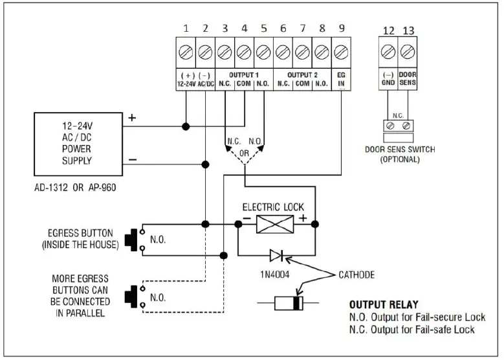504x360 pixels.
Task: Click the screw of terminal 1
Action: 186,51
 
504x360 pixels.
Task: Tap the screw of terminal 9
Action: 341,51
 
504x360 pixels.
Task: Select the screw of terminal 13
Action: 408,51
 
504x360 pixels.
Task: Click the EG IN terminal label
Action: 341,80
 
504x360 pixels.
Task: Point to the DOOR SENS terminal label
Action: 408,80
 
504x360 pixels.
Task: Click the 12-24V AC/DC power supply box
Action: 78,144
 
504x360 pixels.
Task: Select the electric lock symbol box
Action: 276,223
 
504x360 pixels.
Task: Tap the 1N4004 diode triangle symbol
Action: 276,255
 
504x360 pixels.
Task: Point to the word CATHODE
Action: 356,275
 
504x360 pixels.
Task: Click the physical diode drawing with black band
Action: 289,303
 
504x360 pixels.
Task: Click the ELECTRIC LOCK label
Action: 274,207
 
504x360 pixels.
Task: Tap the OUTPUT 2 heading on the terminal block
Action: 302,75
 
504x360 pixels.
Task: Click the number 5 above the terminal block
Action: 263,29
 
